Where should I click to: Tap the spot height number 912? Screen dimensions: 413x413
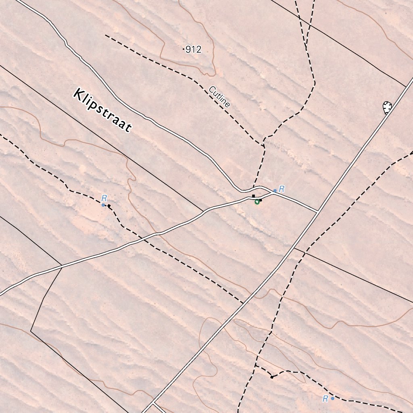(194, 50)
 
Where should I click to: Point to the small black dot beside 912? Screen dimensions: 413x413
(184, 50)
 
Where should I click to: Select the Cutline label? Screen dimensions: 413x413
(220, 97)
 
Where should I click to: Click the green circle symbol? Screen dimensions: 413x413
(257, 202)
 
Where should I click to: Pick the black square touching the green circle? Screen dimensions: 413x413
(261, 200)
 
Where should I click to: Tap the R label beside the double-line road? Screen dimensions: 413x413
(282, 188)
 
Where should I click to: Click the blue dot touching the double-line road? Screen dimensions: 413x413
(275, 191)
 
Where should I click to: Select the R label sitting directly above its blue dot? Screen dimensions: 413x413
(104, 198)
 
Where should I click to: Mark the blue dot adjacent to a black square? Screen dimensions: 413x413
(103, 205)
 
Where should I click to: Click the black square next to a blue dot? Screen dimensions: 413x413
(109, 206)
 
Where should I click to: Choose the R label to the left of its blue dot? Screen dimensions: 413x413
(325, 399)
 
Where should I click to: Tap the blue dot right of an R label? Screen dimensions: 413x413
(332, 398)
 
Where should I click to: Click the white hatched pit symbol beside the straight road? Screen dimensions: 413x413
(387, 107)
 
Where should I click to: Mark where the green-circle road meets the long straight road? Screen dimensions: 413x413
(318, 211)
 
